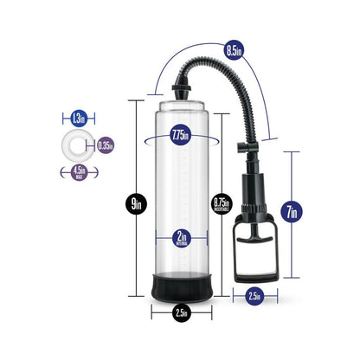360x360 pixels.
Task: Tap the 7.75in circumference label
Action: point(180,135)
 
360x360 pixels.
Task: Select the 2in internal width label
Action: point(180,237)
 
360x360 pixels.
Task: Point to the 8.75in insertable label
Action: point(222,204)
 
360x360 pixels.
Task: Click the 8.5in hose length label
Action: point(233,49)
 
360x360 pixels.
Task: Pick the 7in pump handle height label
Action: point(292,210)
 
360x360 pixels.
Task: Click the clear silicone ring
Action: point(78,145)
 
